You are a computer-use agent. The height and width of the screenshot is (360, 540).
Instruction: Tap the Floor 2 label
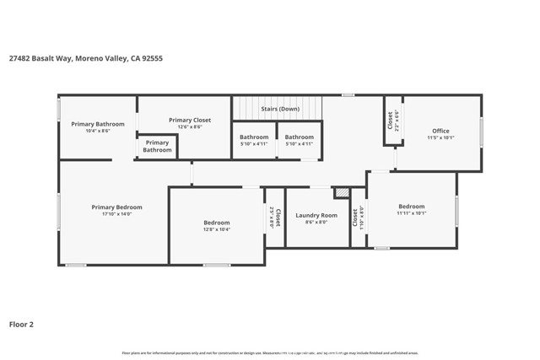click(22, 323)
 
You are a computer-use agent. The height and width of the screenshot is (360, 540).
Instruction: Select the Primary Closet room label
click(190, 120)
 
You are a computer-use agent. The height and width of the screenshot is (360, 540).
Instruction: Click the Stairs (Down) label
click(280, 109)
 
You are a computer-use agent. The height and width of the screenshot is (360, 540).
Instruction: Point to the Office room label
click(440, 131)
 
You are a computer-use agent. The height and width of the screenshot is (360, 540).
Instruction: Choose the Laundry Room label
click(316, 216)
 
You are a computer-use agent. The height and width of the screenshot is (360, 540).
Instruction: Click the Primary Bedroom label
click(117, 207)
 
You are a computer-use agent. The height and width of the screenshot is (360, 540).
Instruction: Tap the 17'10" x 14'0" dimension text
click(117, 214)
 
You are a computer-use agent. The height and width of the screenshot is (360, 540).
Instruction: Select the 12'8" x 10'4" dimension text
click(216, 229)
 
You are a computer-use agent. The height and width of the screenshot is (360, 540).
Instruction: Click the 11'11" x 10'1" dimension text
click(412, 213)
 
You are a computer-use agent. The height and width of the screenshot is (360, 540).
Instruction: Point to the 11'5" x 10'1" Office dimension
click(440, 137)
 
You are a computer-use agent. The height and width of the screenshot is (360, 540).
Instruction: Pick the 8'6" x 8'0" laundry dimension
click(316, 223)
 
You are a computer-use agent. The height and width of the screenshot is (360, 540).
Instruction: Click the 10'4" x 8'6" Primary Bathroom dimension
click(98, 131)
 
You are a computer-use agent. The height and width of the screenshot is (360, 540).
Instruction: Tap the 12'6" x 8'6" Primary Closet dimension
click(190, 126)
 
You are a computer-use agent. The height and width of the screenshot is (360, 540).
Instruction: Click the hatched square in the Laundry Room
click(342, 193)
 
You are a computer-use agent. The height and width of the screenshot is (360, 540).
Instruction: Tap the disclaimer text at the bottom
click(269, 353)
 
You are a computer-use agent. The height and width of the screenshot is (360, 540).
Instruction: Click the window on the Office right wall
click(482, 132)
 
